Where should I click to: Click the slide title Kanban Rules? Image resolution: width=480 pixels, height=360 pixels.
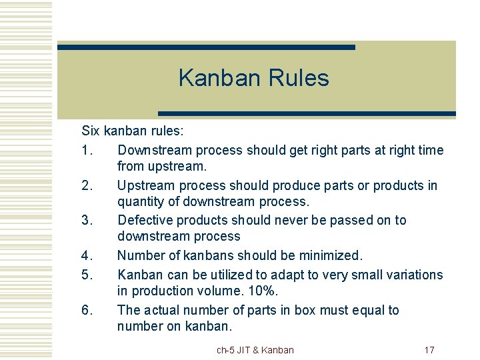253,78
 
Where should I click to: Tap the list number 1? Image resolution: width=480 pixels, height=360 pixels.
89,151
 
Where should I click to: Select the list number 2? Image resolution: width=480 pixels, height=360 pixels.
89,185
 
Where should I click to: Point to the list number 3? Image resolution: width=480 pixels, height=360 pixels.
89,220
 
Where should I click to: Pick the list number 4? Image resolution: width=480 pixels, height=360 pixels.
89,255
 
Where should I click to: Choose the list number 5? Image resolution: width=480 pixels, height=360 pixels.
89,275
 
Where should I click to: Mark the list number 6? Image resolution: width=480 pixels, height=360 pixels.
89,310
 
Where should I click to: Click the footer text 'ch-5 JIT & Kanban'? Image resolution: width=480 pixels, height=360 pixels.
255,349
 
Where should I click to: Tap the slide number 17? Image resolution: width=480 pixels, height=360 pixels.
429,349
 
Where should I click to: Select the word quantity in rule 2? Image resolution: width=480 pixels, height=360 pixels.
141,201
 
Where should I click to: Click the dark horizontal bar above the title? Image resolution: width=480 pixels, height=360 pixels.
206,47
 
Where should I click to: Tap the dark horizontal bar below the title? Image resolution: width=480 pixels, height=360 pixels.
306,113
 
